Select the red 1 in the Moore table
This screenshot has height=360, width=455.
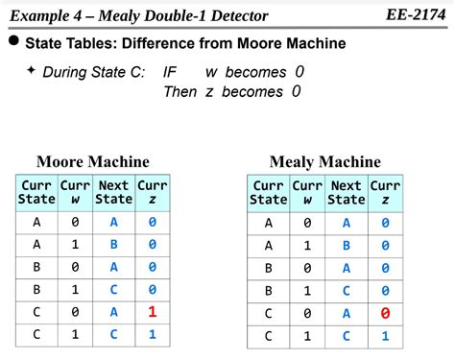(x=152, y=312)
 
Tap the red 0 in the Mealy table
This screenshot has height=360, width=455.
(x=385, y=313)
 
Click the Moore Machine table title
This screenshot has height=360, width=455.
(x=93, y=162)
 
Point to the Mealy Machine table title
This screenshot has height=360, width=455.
(x=324, y=162)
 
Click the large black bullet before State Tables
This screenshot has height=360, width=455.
(x=13, y=43)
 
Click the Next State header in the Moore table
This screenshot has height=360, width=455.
(x=113, y=192)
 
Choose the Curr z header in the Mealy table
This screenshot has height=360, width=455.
(x=385, y=193)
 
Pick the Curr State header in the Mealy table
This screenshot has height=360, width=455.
(x=268, y=193)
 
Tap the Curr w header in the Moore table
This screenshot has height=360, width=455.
(x=75, y=192)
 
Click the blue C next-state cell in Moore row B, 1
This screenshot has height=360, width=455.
(x=113, y=290)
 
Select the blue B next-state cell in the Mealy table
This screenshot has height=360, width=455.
(x=346, y=246)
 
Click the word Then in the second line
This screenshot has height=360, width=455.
(x=180, y=92)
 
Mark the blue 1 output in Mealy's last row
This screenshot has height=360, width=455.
(x=385, y=336)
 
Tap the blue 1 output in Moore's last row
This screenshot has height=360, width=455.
(x=152, y=334)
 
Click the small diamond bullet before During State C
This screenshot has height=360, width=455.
(x=32, y=70)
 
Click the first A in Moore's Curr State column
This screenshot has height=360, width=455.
(x=36, y=223)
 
